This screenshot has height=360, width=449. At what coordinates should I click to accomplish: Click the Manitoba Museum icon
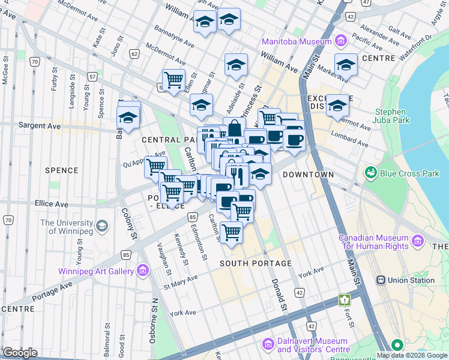[x=341, y=41]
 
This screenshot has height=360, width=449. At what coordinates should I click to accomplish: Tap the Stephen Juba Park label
[x=392, y=117]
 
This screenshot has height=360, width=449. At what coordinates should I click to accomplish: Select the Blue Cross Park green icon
[x=372, y=173]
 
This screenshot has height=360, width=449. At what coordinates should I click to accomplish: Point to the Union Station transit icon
[x=380, y=280]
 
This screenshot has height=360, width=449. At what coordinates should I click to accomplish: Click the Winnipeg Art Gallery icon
[x=143, y=271]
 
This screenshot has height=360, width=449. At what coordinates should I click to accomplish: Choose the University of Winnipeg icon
[x=102, y=226]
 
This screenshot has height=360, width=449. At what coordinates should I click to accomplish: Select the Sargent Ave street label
[x=40, y=127]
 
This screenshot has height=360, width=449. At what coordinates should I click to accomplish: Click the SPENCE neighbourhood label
[x=61, y=170]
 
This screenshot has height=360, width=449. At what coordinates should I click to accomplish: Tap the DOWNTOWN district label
[x=308, y=175]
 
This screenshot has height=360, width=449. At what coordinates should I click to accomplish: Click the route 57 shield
[x=92, y=77]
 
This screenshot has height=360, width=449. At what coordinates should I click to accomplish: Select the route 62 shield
[x=134, y=54]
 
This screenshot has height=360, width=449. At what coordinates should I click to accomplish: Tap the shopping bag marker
[x=234, y=128]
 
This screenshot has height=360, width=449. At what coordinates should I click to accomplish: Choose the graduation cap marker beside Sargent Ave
[x=128, y=118]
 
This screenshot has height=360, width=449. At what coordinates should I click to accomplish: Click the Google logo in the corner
[x=19, y=352]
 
